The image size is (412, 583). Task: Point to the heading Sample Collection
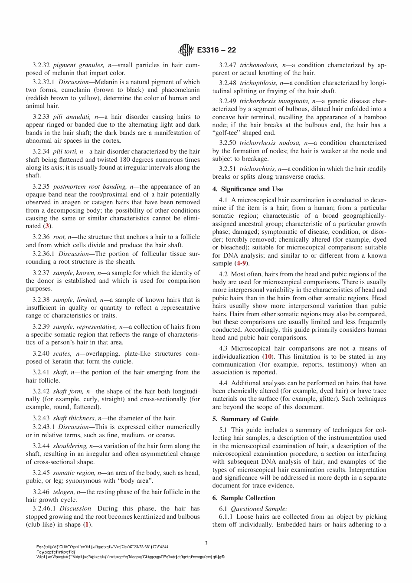[248, 498]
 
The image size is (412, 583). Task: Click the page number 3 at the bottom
[206, 543]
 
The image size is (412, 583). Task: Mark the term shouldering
[70, 446]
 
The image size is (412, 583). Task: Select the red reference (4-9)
[242, 263]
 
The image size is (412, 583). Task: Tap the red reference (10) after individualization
[268, 357]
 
